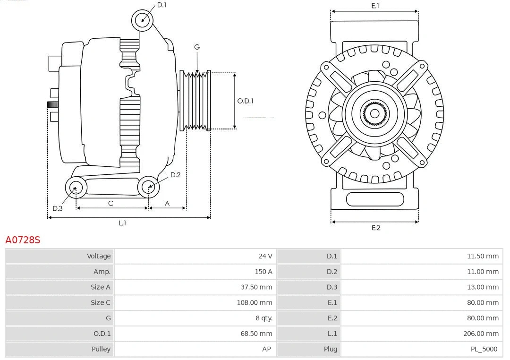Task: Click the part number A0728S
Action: point(23,240)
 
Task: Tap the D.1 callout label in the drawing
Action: point(161,5)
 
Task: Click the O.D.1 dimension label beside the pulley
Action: point(245,101)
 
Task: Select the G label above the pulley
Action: point(197,47)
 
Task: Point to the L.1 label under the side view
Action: point(122,223)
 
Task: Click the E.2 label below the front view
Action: point(375,228)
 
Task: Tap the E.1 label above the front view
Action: point(375,6)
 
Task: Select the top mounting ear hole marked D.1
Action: point(142,20)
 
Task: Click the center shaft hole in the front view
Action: point(374,113)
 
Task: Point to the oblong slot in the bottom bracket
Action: point(374,199)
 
